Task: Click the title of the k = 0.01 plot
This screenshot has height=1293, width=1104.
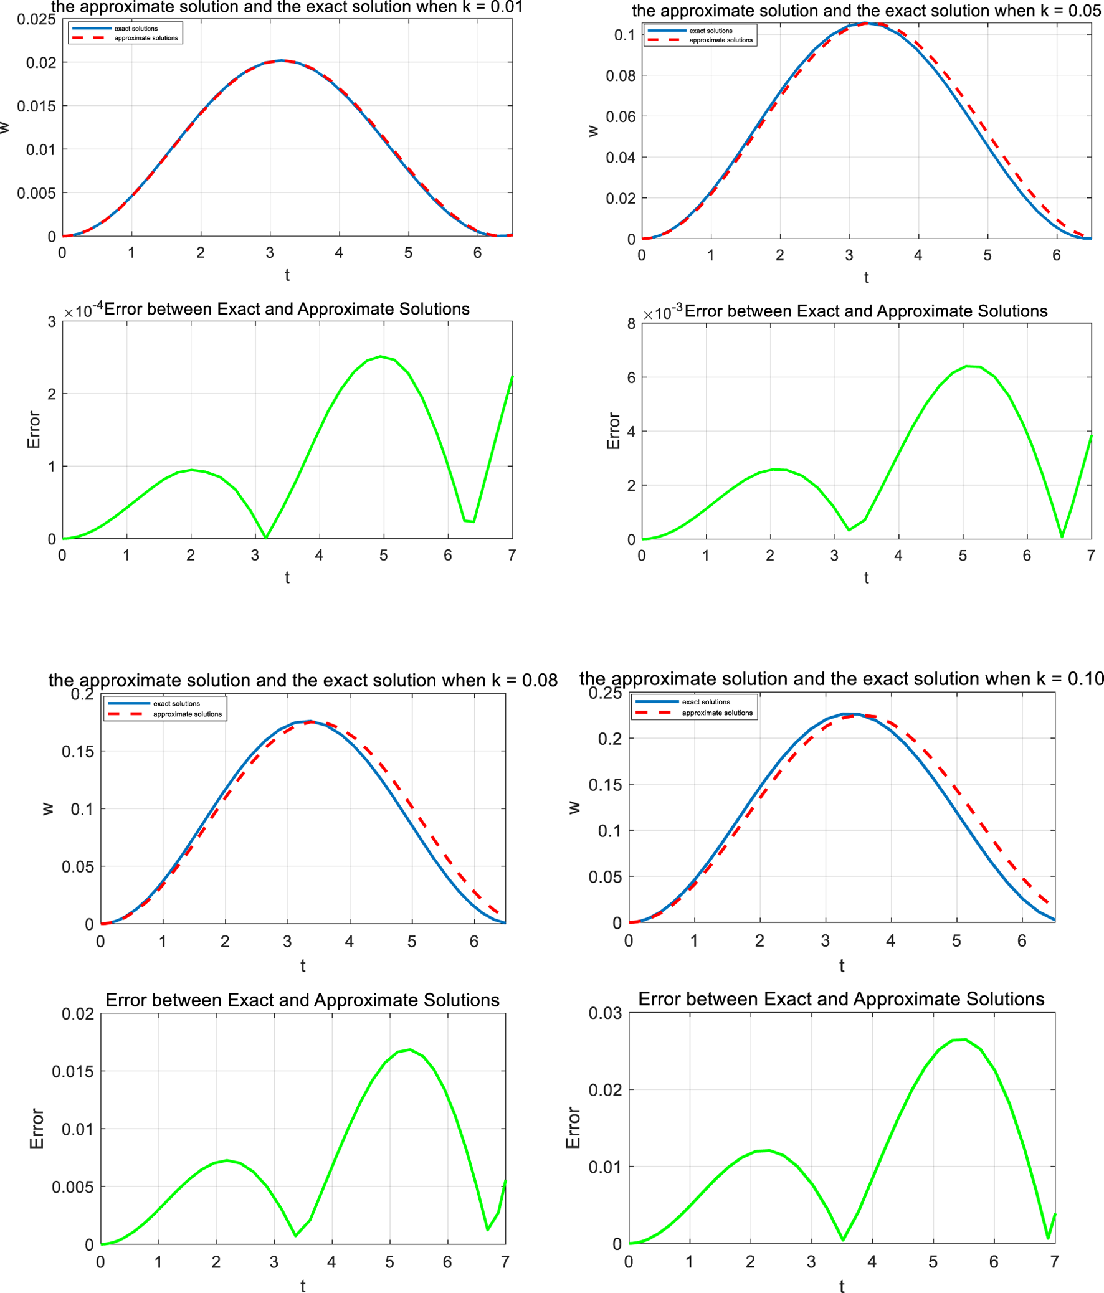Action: [x=287, y=7]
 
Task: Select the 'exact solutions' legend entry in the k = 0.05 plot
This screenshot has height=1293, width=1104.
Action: [x=710, y=31]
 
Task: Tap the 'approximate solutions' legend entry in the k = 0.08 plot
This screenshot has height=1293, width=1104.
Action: [x=188, y=714]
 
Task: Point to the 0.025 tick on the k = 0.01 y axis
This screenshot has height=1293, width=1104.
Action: [x=37, y=19]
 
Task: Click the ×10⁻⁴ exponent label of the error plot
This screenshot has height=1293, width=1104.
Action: [x=83, y=310]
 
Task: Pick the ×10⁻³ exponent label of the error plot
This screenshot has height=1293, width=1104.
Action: [x=663, y=312]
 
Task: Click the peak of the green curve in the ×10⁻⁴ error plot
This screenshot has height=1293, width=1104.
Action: [x=381, y=356]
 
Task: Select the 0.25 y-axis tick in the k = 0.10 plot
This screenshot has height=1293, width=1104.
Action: [x=605, y=693]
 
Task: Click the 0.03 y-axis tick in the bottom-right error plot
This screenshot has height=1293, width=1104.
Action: [x=605, y=1013]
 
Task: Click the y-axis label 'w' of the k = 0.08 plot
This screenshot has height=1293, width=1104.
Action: [x=47, y=809]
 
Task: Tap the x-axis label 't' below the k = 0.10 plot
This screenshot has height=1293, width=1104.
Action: [x=841, y=965]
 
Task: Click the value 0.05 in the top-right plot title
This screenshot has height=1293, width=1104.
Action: [x=1083, y=11]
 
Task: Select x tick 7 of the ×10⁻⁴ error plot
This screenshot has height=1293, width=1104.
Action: [x=512, y=555]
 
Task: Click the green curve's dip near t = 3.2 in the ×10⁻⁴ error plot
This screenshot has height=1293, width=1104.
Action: [x=266, y=538]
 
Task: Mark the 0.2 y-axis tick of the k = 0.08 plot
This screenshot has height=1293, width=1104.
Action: [x=82, y=694]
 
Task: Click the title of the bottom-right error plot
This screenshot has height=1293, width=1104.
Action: [x=840, y=999]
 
